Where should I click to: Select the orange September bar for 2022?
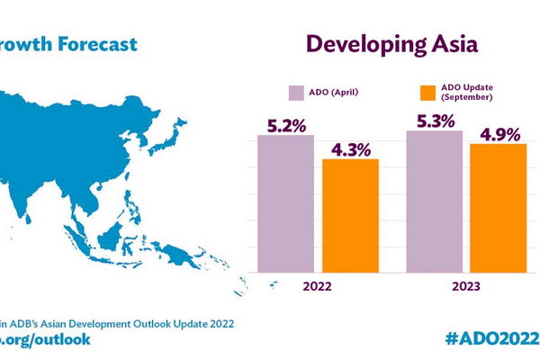(x=350, y=216)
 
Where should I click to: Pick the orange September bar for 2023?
(x=498, y=208)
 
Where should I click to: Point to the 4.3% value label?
(x=351, y=148)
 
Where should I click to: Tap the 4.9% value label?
(x=499, y=134)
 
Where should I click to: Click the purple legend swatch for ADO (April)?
(x=295, y=92)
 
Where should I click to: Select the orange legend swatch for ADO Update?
(x=428, y=92)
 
